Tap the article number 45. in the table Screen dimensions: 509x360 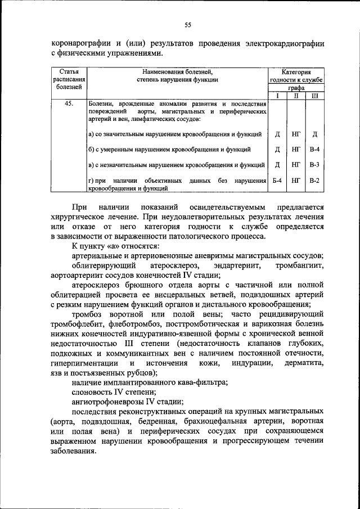pos(69,104)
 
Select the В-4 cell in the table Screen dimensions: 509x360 pos(314,150)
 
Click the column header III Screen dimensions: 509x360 pos(314,96)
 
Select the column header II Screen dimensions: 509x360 pos(296,96)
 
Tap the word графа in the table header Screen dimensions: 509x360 pos(296,88)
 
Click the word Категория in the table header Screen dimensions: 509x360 pos(296,72)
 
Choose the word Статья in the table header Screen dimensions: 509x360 pos(69,72)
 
